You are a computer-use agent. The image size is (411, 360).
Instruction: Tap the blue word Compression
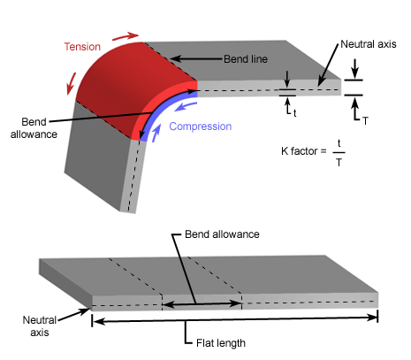(200, 126)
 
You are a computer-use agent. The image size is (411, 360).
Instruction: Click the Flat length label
(218, 342)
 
